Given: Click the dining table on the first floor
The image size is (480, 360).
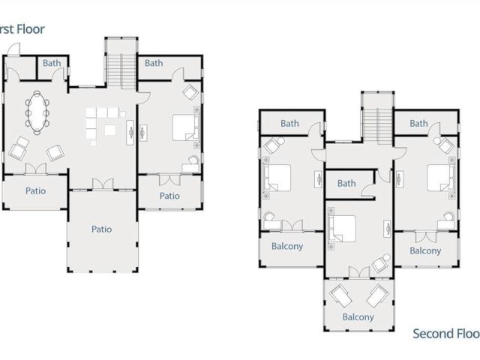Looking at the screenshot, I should [37, 111].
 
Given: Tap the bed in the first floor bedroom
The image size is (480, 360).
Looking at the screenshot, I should [184, 127].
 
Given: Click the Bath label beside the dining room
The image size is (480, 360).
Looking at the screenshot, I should [52, 64].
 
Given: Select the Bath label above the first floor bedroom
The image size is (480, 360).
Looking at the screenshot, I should [154, 64].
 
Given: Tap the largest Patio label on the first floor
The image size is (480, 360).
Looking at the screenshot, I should [102, 229].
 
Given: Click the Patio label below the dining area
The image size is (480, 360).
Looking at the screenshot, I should [35, 190].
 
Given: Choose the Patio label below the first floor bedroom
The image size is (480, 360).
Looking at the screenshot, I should [170, 196].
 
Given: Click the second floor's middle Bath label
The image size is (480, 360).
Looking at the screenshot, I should [346, 184].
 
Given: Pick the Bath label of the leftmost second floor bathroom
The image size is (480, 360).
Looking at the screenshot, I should [289, 124].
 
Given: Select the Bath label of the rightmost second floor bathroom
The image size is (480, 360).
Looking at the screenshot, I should [418, 124].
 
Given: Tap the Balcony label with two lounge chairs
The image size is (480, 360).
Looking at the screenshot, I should [358, 317].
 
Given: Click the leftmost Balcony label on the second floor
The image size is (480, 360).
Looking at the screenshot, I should [286, 246].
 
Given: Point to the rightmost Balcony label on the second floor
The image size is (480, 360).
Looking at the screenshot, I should [425, 250].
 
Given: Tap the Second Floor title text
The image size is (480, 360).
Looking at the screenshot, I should [445, 334].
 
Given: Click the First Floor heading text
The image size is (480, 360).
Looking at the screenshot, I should [22, 29].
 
